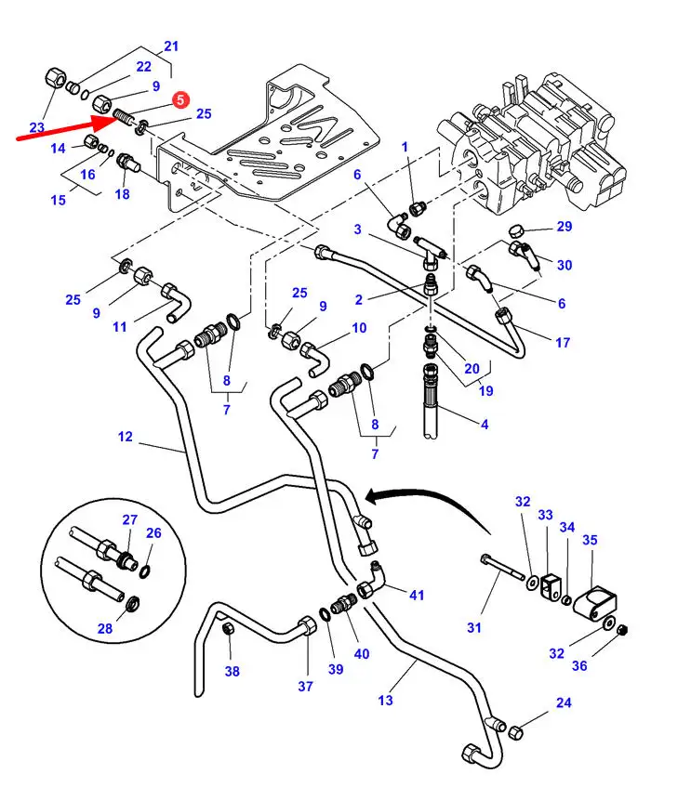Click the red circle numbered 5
pyautogui.click(x=180, y=98)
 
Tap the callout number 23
pyautogui.click(x=37, y=128)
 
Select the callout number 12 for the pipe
pyautogui.click(x=126, y=436)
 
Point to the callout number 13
pyautogui.click(x=386, y=700)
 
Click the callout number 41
pyautogui.click(x=416, y=595)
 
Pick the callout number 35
pyautogui.click(x=590, y=539)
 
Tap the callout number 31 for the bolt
pyautogui.click(x=474, y=627)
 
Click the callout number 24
pyautogui.click(x=564, y=703)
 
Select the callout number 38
pyautogui.click(x=232, y=670)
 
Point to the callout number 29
pyautogui.click(x=565, y=227)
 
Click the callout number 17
pyautogui.click(x=563, y=343)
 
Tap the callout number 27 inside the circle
pyautogui.click(x=129, y=519)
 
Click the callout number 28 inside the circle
pyautogui.click(x=105, y=629)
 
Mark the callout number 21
pyautogui.click(x=170, y=46)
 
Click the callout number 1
pyautogui.click(x=405, y=147)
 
